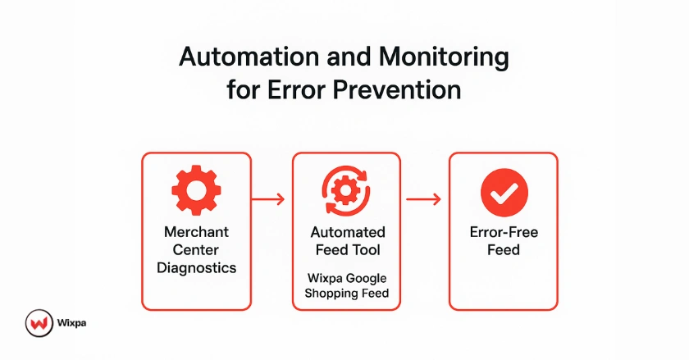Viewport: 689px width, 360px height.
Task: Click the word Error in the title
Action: [x=301, y=89]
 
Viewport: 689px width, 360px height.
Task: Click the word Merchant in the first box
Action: [x=195, y=232]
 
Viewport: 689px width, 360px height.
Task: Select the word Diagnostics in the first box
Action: [x=195, y=267]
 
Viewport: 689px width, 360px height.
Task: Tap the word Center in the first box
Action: [x=195, y=249]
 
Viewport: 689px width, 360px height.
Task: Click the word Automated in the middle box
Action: [x=345, y=232]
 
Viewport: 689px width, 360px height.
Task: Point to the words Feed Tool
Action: [x=345, y=249]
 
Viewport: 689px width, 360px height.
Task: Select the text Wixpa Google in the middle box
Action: [x=345, y=277]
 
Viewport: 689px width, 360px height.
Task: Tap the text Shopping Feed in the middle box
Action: [x=345, y=294]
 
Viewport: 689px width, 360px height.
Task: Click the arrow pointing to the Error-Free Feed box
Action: [x=424, y=198]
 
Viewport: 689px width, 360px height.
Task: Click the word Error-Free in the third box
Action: [x=504, y=232]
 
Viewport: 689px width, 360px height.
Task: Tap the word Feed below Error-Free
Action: [x=504, y=249]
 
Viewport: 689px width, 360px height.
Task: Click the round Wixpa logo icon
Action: [x=38, y=323]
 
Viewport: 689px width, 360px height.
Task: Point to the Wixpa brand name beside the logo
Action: [x=72, y=323]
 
